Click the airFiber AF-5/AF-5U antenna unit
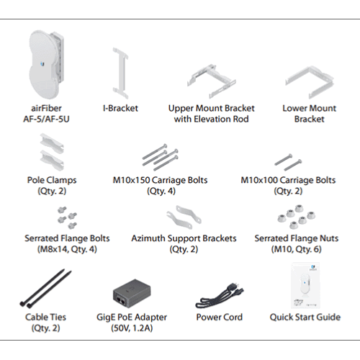click(45, 64)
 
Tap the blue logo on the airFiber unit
click(43, 64)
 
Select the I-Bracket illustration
click(120, 73)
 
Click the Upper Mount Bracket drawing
click(212, 81)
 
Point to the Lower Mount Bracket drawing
click(310, 82)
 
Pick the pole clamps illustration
click(52, 152)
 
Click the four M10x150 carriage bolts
click(161, 157)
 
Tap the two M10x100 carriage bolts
click(288, 162)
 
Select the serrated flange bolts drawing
click(67, 217)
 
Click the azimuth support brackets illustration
click(184, 217)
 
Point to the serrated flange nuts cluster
click(297, 217)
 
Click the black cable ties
click(45, 289)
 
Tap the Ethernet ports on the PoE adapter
click(121, 300)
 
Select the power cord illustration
click(220, 295)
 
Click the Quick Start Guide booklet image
click(305, 286)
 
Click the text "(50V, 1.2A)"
click(132, 328)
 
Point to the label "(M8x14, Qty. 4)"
click(67, 249)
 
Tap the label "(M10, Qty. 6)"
click(297, 249)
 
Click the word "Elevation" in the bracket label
click(211, 119)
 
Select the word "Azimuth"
click(148, 238)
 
